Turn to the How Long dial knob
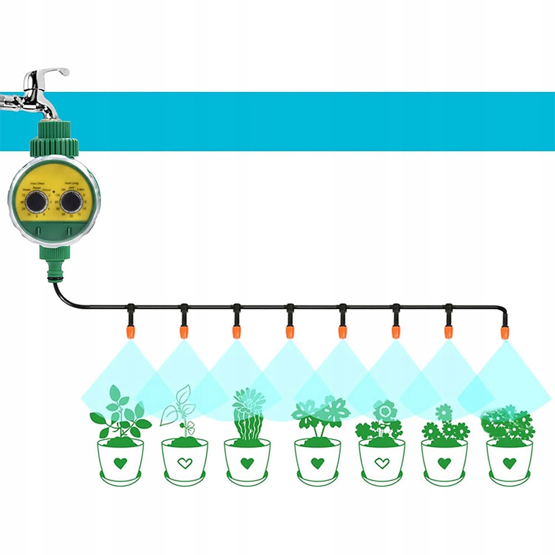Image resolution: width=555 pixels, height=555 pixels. pos(71,203)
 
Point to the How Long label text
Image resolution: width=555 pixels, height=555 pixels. pos(72,183)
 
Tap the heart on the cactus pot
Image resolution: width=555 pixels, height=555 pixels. pos(248,462)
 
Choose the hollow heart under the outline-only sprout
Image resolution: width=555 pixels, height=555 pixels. pos(185,462)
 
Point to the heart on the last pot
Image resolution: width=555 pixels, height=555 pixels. pos(509,462)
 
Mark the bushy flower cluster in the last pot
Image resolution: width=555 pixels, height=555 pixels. pos(508,425)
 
